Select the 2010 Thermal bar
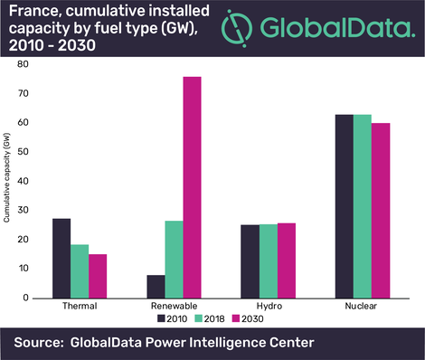click(61, 258)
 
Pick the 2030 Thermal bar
click(98, 276)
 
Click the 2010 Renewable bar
click(156, 286)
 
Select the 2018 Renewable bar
click(174, 259)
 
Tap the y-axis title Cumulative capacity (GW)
click(8, 180)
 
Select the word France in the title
click(33, 12)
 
